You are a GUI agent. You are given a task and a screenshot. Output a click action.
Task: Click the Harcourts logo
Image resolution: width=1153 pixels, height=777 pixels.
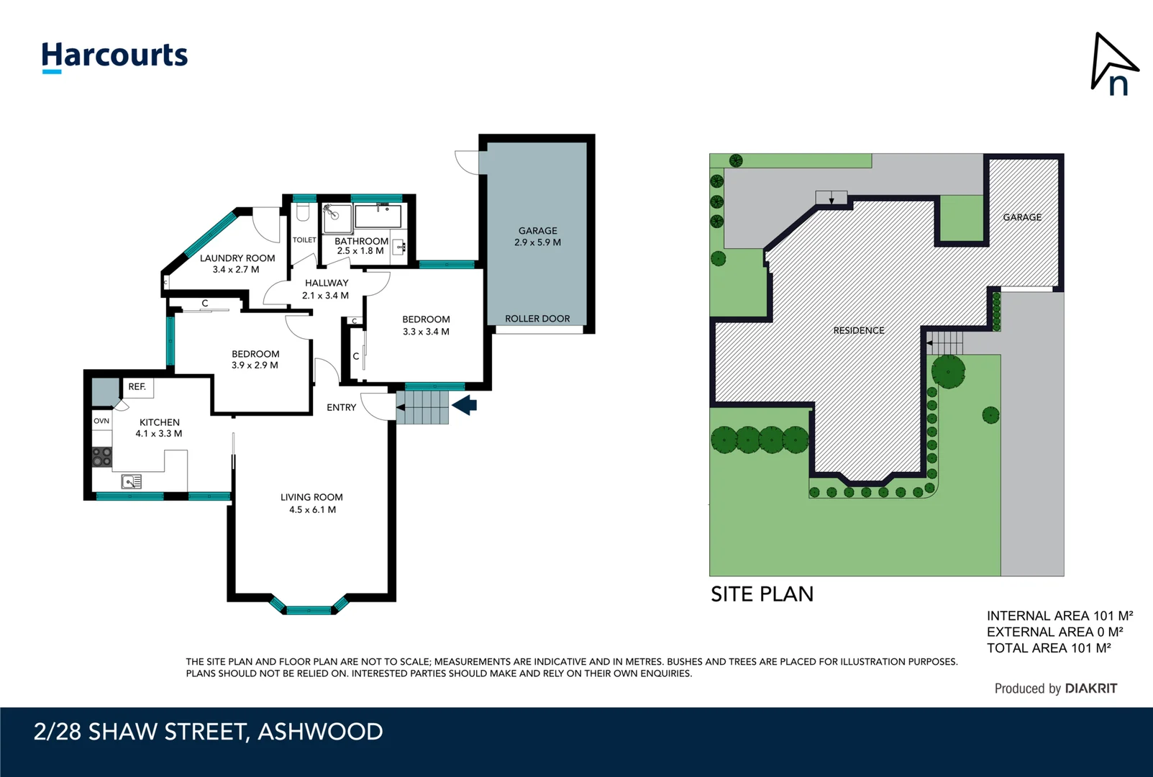pos(114,56)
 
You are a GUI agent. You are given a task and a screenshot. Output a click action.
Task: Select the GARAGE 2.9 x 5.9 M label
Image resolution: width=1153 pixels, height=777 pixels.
pos(537,237)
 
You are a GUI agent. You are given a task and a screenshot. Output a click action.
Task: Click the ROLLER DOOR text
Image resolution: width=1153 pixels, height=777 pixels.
pos(537,319)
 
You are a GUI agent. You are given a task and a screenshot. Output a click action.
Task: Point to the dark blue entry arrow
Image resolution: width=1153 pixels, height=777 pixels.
pos(465,405)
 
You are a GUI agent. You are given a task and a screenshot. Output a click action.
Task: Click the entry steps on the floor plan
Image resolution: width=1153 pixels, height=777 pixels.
pos(423,407)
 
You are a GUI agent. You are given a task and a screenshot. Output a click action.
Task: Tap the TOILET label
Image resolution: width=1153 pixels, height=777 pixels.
pos(304,240)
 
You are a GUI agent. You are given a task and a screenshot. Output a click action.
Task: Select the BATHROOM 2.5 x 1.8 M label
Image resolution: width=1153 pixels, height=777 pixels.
pos(361,246)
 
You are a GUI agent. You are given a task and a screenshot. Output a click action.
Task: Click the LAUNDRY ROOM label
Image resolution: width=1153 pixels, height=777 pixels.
pos(237,263)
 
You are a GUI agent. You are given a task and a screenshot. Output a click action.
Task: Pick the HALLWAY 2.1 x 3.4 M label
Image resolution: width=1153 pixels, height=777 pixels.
pos(326,289)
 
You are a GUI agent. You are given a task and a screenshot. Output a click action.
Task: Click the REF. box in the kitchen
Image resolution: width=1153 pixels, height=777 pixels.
pos(137,387)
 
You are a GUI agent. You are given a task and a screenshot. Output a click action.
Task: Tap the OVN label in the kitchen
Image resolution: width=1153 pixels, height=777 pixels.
pos(101,421)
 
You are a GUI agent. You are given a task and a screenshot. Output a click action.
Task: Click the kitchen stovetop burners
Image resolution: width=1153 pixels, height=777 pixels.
pos(101,457)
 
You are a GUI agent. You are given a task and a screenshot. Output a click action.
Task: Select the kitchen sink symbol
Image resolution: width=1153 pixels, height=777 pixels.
pos(132,481)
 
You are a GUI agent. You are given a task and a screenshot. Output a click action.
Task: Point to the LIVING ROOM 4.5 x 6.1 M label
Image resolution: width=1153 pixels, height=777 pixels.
pos(311,503)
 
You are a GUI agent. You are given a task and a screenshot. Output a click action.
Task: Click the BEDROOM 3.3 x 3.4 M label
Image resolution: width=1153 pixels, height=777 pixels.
pos(426,325)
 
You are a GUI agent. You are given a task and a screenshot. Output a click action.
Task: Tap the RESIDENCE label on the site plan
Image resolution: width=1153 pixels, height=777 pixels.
pos(859,331)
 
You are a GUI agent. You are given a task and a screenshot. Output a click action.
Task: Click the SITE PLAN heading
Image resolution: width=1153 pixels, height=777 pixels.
pos(762,594)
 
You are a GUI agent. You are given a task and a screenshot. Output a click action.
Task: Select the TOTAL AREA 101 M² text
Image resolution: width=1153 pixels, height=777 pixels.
pos(1048,648)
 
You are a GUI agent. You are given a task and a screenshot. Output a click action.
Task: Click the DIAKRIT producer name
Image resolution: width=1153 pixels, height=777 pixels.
pos(1090,689)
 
